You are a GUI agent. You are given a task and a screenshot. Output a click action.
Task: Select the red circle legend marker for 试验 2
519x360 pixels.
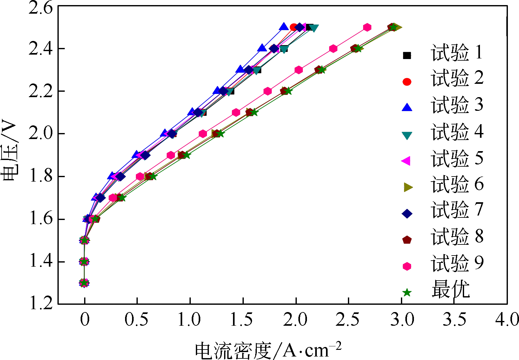tap(407, 82)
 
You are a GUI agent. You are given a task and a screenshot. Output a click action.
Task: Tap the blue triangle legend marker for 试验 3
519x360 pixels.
tap(407, 108)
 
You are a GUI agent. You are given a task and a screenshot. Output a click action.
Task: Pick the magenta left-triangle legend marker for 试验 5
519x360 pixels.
tap(406, 161)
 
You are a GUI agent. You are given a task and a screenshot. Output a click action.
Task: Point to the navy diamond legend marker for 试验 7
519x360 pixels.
tap(407, 214)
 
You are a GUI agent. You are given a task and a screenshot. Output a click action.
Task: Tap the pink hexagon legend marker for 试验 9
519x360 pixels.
tap(407, 266)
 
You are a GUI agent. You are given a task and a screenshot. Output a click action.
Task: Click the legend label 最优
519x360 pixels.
tap(450, 289)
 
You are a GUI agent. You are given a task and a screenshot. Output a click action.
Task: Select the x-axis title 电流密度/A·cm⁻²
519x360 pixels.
tap(268, 350)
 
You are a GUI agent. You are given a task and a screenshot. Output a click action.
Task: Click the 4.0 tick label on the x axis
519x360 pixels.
tap(507, 319)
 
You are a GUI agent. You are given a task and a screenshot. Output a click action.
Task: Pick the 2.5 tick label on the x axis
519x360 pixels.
tap(348, 319)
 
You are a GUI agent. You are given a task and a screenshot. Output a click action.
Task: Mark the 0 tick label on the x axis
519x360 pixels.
tap(85, 319)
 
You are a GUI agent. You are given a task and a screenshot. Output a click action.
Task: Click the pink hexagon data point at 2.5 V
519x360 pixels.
tap(367, 27)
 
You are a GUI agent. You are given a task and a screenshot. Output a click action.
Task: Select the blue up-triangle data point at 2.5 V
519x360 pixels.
tap(283, 27)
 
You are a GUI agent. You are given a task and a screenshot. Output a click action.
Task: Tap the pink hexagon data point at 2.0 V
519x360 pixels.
tap(203, 134)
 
